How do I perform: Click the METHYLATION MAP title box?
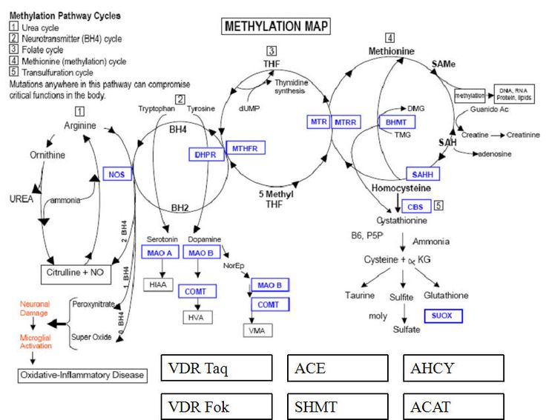click(x=276, y=27)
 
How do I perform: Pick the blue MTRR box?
click(x=346, y=121)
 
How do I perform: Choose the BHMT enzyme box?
click(x=398, y=121)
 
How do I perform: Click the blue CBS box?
click(x=415, y=207)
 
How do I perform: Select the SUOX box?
click(x=444, y=316)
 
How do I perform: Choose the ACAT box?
click(x=453, y=407)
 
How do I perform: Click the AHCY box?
click(x=453, y=368)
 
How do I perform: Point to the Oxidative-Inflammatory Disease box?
click(x=82, y=375)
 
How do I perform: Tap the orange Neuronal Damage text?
click(x=34, y=309)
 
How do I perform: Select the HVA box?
click(x=197, y=317)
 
